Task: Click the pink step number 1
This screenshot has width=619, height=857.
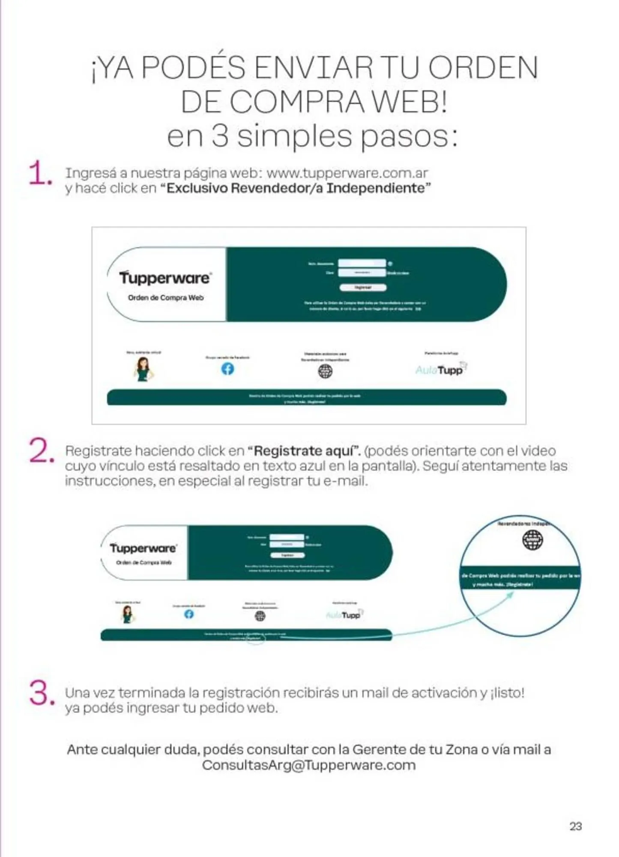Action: pyautogui.click(x=39, y=174)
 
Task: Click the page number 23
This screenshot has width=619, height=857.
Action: pyautogui.click(x=575, y=826)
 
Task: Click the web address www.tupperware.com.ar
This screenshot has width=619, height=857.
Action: pyautogui.click(x=347, y=173)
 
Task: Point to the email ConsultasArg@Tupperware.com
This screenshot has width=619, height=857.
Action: pyautogui.click(x=309, y=765)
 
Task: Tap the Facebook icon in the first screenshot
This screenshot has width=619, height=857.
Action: pyautogui.click(x=227, y=369)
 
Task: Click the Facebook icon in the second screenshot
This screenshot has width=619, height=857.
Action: pyautogui.click(x=189, y=614)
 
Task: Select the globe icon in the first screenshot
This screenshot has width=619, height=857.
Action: pyautogui.click(x=325, y=371)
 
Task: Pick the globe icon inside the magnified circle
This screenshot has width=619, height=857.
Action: pyautogui.click(x=532, y=540)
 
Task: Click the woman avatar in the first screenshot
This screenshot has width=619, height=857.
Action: pyautogui.click(x=143, y=369)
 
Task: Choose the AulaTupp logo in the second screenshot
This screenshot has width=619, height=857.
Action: pyautogui.click(x=344, y=615)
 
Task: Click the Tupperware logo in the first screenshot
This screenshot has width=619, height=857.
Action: pyautogui.click(x=165, y=278)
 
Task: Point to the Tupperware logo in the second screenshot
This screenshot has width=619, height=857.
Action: pyautogui.click(x=143, y=548)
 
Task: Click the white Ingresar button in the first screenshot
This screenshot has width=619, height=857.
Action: pyautogui.click(x=363, y=288)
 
